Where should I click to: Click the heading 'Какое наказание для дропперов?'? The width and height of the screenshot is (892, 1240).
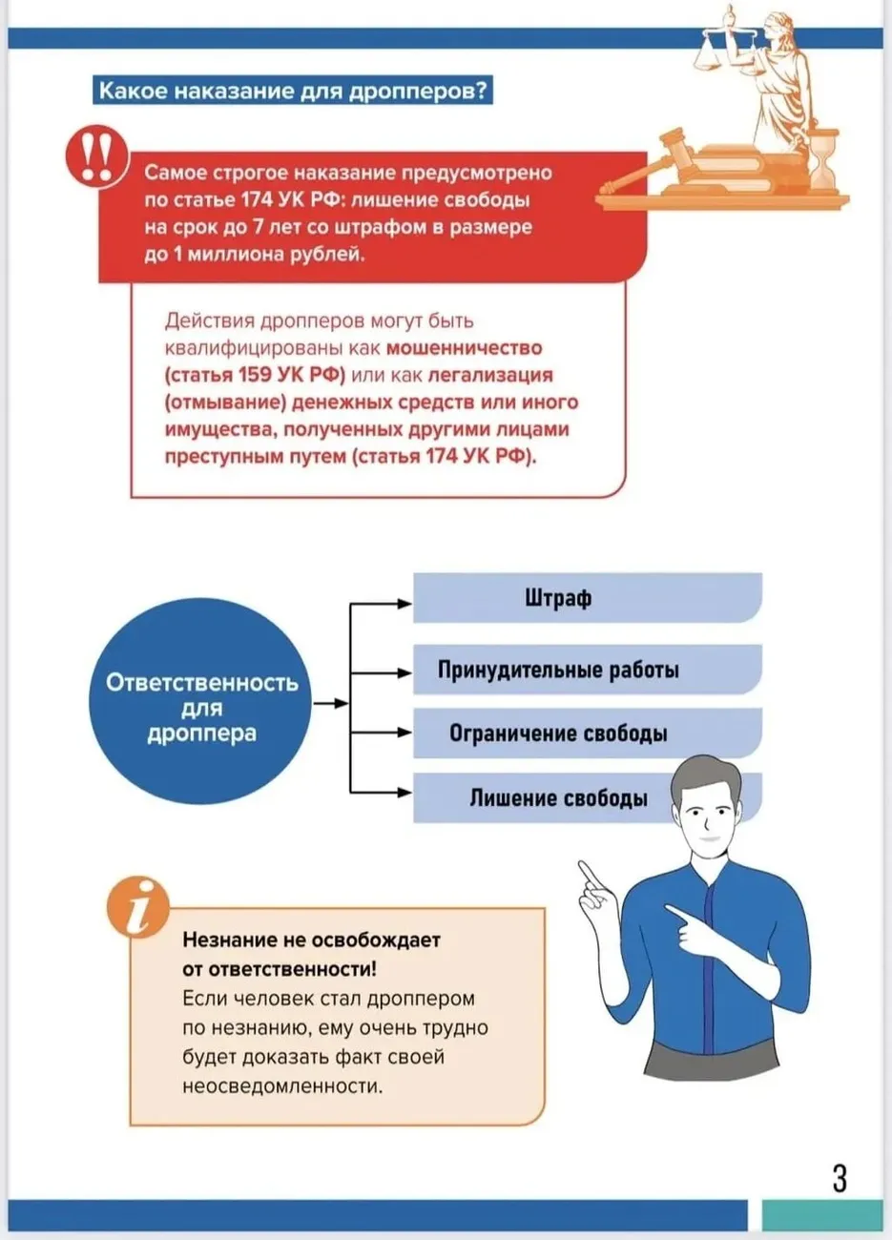coord(294,92)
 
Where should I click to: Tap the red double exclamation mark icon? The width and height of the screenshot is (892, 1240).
coord(94,156)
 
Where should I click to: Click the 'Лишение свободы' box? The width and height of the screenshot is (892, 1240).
coord(558,798)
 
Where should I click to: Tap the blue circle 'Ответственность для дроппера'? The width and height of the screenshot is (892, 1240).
coord(201,708)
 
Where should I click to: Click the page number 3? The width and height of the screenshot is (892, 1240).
coord(840,1179)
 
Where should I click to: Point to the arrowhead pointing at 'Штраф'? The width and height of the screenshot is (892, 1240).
coord(405,603)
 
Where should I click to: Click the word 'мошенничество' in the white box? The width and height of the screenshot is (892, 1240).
coord(464,348)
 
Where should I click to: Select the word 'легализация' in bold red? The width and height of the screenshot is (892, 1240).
coord(490,375)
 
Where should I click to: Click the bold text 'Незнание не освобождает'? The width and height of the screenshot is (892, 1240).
coord(311,940)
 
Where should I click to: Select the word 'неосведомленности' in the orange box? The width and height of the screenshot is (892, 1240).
coord(281,1085)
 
